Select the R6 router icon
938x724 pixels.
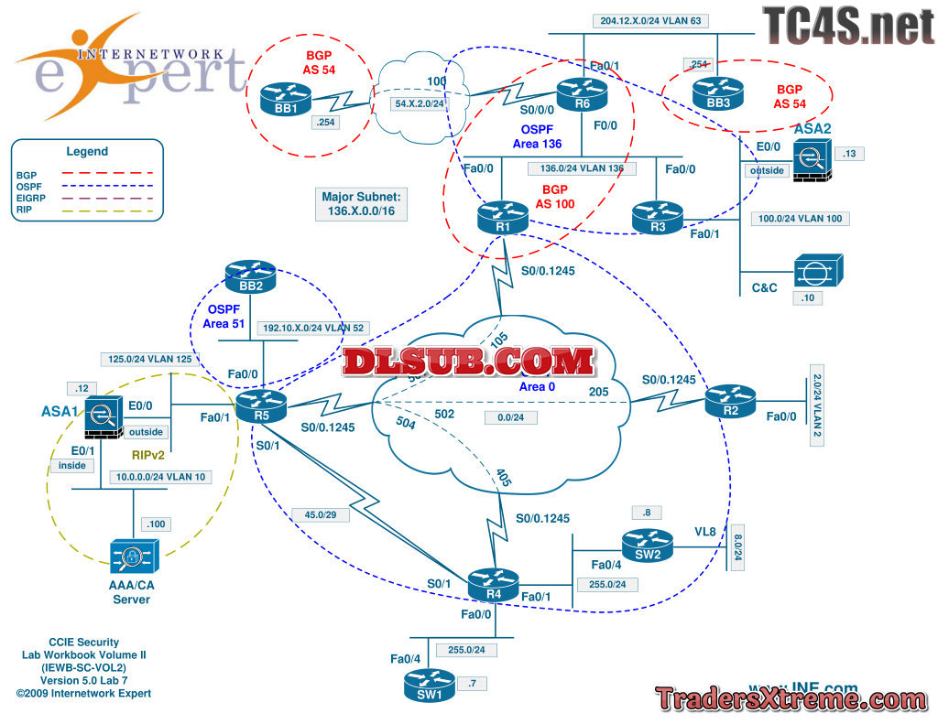[x=583, y=93]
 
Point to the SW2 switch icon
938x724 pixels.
[x=648, y=546]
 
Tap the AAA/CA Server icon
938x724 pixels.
[x=134, y=556]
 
